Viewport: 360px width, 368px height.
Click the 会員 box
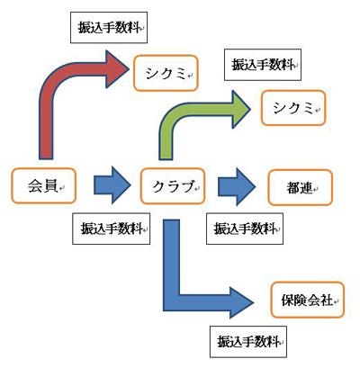point(44,185)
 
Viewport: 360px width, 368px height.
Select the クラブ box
point(173,186)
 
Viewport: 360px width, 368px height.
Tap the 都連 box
point(301,187)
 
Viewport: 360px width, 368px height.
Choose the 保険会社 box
point(308,300)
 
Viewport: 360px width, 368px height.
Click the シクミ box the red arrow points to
point(166,73)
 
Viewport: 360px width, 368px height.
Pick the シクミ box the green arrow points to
point(293,108)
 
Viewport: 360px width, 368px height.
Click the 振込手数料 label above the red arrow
point(109,28)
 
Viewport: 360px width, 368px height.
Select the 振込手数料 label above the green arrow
point(263,65)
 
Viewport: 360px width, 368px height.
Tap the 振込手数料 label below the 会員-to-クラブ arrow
point(111,229)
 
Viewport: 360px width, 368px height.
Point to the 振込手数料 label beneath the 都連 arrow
point(245,229)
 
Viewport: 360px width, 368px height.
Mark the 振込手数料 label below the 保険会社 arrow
point(248,342)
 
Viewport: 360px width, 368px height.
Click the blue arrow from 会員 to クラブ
point(112,185)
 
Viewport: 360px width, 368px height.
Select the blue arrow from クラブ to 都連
point(237,186)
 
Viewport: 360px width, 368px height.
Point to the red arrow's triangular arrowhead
point(116,69)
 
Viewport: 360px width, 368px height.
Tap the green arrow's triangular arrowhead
point(240,109)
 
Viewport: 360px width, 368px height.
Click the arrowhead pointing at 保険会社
point(240,302)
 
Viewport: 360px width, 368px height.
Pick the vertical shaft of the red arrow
point(46,126)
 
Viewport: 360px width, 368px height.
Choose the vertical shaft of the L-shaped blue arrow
point(171,258)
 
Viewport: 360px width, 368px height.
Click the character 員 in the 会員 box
point(50,186)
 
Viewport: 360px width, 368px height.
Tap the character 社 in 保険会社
point(327,300)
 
